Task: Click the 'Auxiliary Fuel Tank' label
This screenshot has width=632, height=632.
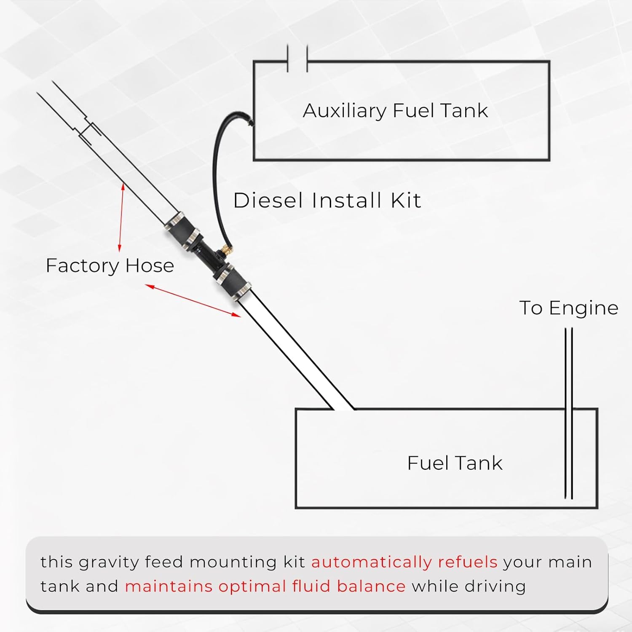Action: [395, 111]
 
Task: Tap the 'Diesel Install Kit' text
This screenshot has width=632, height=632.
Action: [327, 200]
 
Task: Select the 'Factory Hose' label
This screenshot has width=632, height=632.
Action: [110, 266]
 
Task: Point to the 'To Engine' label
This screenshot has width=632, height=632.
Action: [568, 308]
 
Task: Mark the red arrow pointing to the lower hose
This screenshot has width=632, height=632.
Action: [193, 300]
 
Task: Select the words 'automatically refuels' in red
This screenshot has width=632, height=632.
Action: [404, 562]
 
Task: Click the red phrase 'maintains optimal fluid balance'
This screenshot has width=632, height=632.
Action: [265, 586]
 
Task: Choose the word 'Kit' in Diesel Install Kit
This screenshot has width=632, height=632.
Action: [405, 200]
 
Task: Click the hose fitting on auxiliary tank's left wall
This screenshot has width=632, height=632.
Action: [252, 123]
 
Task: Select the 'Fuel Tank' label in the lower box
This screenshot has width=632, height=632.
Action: [455, 463]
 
